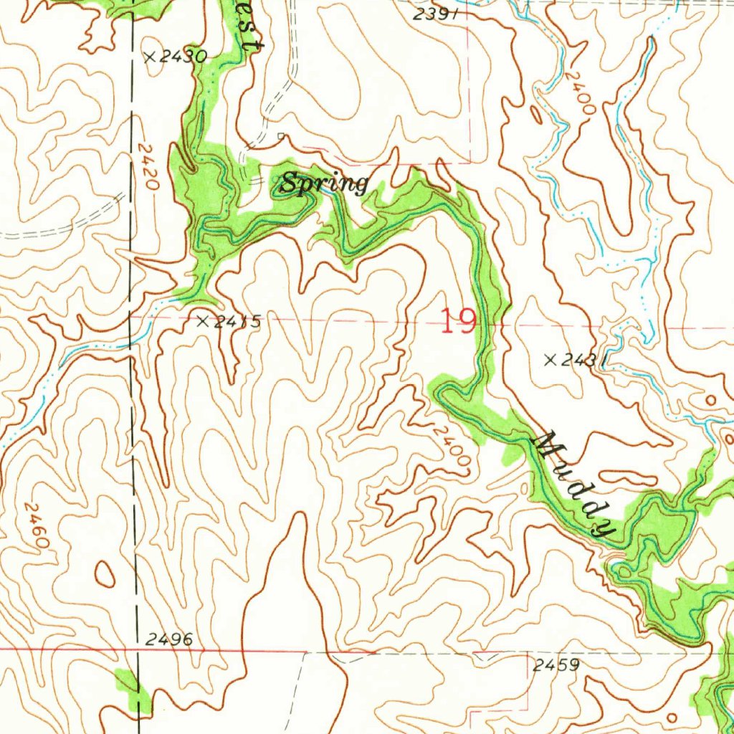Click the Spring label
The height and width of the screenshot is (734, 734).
point(324,184)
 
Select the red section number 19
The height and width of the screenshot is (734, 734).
point(458,321)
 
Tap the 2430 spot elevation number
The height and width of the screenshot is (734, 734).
point(183,57)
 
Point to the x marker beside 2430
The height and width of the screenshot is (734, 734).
point(150,57)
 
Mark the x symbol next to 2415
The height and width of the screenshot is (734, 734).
point(204,322)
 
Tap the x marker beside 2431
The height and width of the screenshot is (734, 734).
point(550,360)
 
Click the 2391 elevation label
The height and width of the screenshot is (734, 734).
point(437,14)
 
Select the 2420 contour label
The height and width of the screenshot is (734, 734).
point(148,166)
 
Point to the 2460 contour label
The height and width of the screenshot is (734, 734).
point(37,525)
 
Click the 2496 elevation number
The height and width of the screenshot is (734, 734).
point(168,639)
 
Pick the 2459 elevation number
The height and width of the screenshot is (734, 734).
point(556,665)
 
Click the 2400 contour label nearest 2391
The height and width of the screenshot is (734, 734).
point(579,92)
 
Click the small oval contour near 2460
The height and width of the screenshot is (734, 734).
point(105,572)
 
